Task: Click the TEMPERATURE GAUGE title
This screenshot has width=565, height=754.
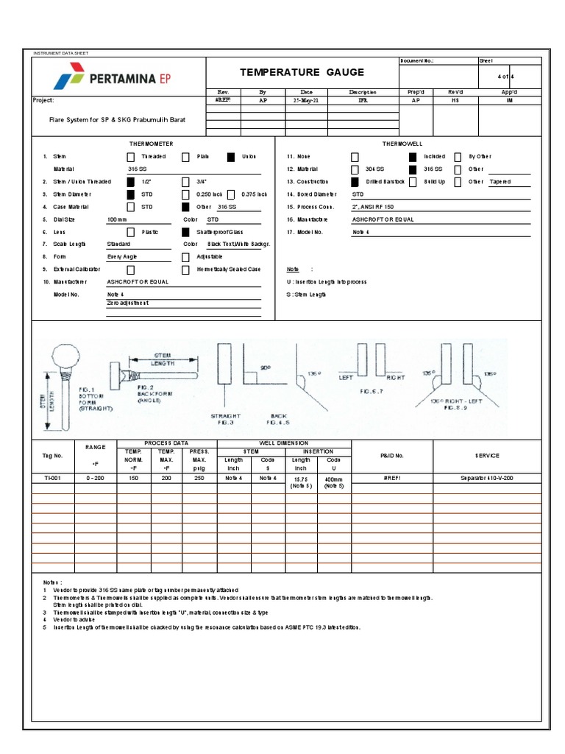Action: (302, 72)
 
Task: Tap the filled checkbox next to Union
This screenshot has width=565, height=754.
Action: (231, 157)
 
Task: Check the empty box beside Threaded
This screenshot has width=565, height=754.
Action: (130, 157)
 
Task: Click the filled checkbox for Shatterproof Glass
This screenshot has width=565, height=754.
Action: (185, 232)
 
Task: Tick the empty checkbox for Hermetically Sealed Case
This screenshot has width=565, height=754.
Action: (185, 269)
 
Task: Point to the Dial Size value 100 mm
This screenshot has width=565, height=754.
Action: (117, 219)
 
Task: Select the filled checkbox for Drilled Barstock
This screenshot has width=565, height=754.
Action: (355, 182)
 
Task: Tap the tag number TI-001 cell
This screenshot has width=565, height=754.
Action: (53, 478)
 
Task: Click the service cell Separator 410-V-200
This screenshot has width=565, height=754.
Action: (487, 478)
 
